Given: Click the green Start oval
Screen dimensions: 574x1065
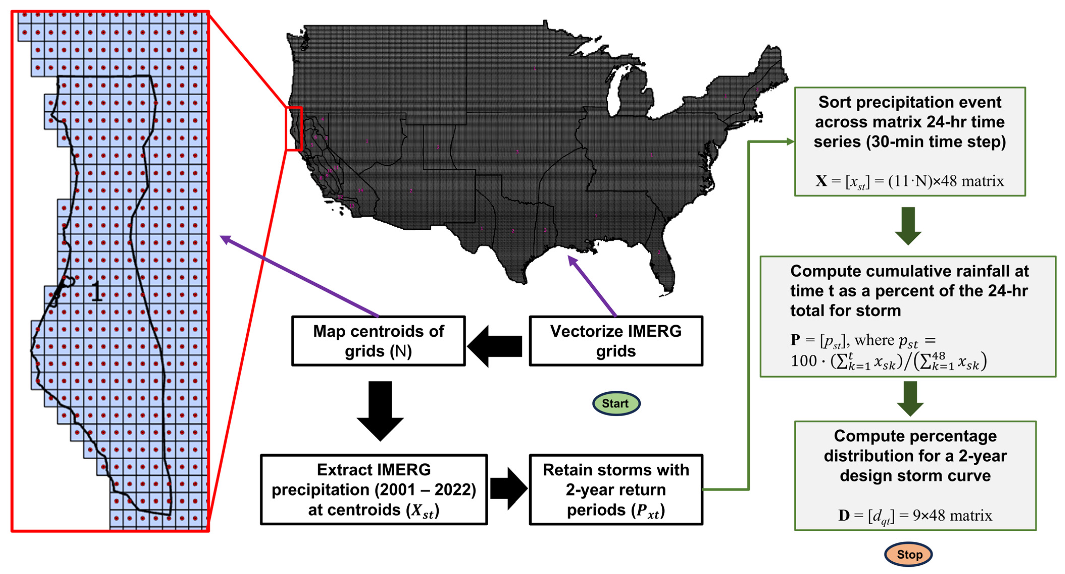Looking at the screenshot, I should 616,403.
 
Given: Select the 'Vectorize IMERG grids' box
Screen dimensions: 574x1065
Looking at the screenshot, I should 616,341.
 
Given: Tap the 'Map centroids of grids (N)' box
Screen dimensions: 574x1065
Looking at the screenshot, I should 378,341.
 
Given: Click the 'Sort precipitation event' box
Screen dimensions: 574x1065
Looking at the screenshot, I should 910,141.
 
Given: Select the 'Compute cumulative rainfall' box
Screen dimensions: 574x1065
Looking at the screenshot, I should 908,316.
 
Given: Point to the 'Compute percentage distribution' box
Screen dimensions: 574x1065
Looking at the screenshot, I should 915,476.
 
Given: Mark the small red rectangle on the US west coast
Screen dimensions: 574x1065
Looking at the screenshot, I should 294,128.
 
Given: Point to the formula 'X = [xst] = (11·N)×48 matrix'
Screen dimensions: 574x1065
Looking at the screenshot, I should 910,181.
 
